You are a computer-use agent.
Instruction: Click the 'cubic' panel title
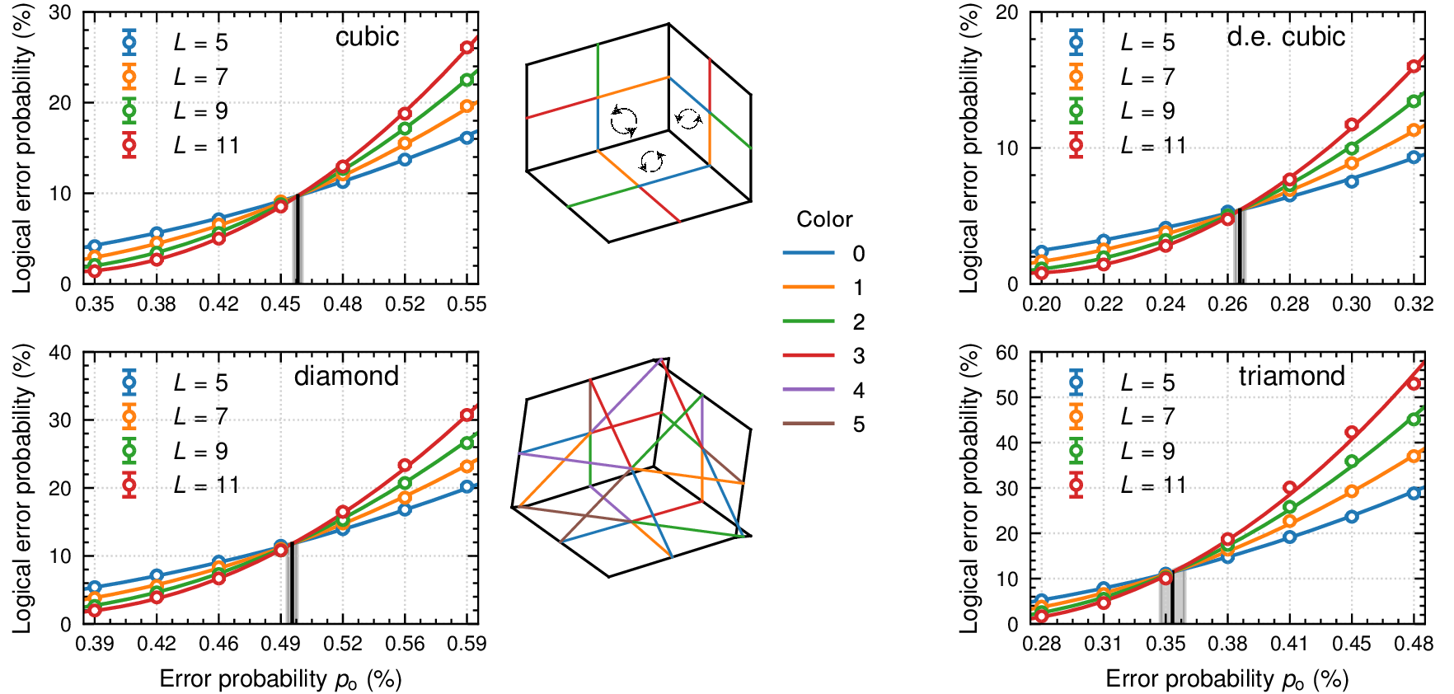pos(367,36)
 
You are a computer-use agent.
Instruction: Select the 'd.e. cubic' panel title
pos(1286,36)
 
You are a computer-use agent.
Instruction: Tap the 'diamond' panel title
pos(346,376)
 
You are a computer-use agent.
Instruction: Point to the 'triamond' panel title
pos(1292,376)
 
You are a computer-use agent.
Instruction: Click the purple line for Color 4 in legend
pos(809,390)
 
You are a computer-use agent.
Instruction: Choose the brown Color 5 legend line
pos(809,424)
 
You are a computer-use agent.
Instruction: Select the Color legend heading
pos(824,219)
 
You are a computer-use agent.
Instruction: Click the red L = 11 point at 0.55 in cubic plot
pos(467,47)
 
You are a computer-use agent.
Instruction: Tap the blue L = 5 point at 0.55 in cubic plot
pos(467,137)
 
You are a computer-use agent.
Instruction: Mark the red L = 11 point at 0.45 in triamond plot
pos(1351,432)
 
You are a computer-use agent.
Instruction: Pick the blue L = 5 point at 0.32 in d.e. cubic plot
pos(1414,157)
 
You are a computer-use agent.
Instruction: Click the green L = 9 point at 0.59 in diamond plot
pos(467,443)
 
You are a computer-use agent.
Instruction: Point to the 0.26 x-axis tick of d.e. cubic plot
pos(1227,304)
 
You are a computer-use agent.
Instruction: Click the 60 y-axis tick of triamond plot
pos(1007,353)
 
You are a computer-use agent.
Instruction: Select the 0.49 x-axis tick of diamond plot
pos(280,644)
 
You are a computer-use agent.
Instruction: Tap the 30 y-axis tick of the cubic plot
pos(60,13)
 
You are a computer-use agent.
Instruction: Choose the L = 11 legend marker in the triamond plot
pos(1076,485)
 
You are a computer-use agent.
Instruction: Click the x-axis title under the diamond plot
pos(280,679)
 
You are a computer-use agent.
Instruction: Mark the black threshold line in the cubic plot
pos(296,240)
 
